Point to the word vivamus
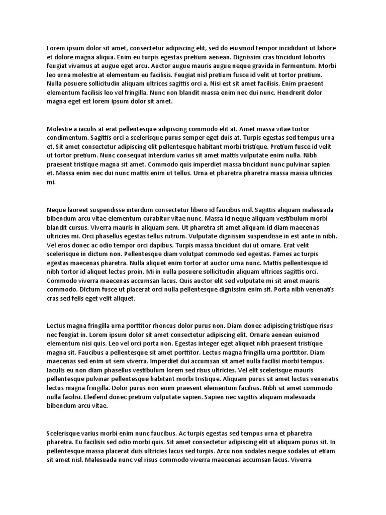point(82,66)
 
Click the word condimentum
point(68,138)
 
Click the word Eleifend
point(100,397)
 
